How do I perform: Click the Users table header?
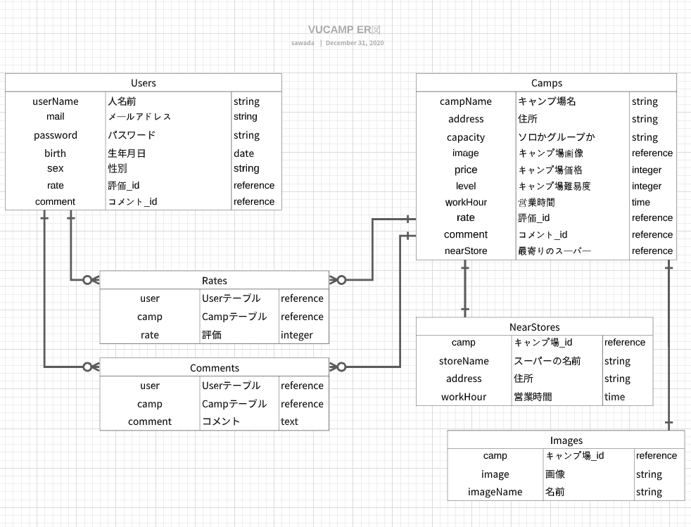[x=144, y=83]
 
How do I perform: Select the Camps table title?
[x=546, y=83]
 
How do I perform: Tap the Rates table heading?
[x=214, y=281]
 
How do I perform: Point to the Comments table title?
[x=214, y=368]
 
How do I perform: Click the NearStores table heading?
[x=534, y=326]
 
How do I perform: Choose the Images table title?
[x=566, y=440]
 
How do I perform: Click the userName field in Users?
[x=56, y=101]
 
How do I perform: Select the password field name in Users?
[x=56, y=135]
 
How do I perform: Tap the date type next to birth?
[x=244, y=153]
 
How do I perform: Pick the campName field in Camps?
[x=466, y=101]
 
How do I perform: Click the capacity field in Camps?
[x=466, y=137]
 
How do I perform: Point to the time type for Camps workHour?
[x=641, y=202]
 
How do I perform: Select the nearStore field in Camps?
[x=466, y=250]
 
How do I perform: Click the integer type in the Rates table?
[x=296, y=335]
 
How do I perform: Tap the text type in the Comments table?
[x=289, y=421]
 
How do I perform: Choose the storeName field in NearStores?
[x=464, y=361]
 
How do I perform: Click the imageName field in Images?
[x=495, y=492]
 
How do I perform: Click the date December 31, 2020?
[x=355, y=43]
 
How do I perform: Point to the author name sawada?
[x=303, y=43]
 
